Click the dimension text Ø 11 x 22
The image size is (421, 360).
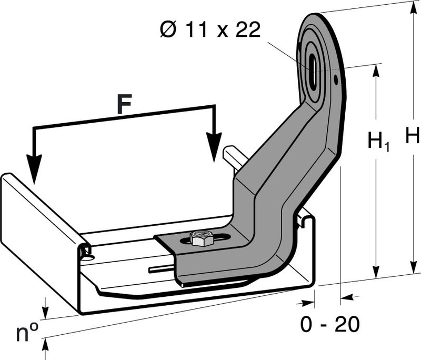[x=210, y=29]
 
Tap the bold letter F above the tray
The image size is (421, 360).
[x=124, y=104]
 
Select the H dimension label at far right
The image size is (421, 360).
[x=412, y=135]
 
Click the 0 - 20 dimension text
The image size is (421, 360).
[x=330, y=324]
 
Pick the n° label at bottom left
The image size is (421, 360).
[x=27, y=332]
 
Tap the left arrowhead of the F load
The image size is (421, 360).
[x=34, y=169]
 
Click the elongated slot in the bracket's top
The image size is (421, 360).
[x=312, y=71]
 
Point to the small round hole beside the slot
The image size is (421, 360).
[x=336, y=79]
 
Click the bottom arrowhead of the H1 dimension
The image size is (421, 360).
[x=377, y=271]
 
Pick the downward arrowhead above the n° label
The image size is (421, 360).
[x=46, y=312]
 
